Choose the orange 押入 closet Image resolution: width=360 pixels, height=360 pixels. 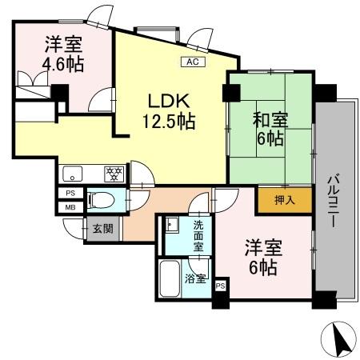[x=274, y=199]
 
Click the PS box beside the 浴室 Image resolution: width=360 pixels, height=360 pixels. [x=220, y=285]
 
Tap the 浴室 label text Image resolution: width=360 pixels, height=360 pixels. [x=196, y=279]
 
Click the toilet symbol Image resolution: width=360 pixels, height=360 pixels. [x=101, y=199]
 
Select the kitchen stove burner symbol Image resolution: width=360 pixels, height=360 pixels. [x=114, y=172]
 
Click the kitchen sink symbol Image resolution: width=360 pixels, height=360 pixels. [x=72, y=173]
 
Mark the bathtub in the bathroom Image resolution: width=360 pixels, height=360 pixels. [x=170, y=280]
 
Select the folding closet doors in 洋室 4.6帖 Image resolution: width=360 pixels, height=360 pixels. [x=32, y=82]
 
